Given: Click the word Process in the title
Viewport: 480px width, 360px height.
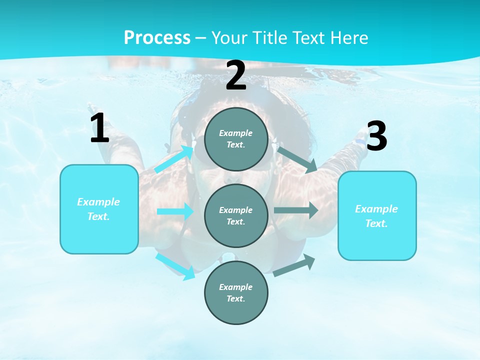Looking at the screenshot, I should click(x=157, y=38).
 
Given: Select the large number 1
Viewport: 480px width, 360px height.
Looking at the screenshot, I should click(x=99, y=128).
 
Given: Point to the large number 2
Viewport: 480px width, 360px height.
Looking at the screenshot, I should click(x=236, y=75).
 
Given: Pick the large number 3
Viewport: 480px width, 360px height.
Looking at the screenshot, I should click(x=376, y=136).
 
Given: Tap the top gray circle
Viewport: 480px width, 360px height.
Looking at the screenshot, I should click(x=236, y=139).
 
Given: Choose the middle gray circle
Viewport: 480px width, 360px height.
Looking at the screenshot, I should click(x=236, y=215).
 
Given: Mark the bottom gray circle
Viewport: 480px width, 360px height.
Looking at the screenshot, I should click(x=236, y=292).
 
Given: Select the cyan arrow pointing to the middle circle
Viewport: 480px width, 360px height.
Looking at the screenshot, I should click(x=175, y=211).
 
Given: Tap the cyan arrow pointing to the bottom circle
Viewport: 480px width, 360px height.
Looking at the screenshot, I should click(x=175, y=266).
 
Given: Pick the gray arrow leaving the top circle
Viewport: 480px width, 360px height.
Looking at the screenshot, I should click(x=297, y=159).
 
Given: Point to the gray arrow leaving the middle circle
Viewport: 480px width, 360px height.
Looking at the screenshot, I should click(x=296, y=210).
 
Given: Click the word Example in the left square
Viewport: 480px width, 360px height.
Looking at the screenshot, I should click(x=98, y=202).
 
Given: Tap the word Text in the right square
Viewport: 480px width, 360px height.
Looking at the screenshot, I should click(x=376, y=223).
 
